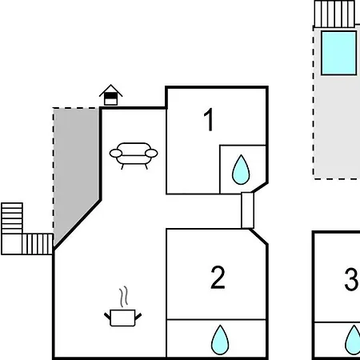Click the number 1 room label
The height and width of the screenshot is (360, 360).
tap(209, 120)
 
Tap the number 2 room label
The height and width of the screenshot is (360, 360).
tap(218, 278)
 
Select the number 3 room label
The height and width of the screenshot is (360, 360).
tap(351, 279)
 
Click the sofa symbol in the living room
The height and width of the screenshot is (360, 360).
tap(134, 156)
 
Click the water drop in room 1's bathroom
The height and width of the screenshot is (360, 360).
tap(241, 170)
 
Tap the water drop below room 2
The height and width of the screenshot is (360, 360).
tap(220, 340)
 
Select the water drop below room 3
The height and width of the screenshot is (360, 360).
tap(353, 340)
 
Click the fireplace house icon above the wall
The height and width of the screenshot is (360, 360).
tap(110, 95)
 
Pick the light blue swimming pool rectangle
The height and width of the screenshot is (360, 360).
tap(338, 53)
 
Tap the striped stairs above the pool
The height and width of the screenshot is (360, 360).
tap(334, 14)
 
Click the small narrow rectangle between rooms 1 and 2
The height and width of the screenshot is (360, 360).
tap(247, 210)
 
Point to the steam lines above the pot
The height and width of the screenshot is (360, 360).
tap(123, 297)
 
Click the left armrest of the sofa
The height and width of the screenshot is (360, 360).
tap(116, 154)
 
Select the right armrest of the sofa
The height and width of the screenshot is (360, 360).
tap(151, 154)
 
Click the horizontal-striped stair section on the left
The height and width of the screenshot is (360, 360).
tap(12, 218)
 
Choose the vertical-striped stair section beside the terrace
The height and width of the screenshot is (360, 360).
tap(38, 244)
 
